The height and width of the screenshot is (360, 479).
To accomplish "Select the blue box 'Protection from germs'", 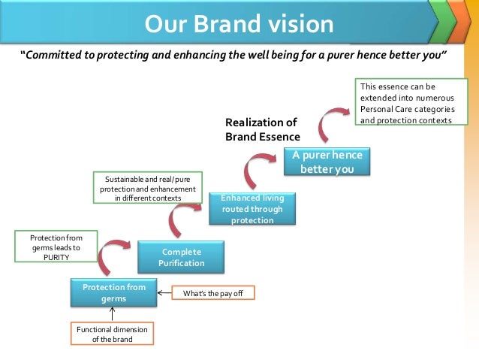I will point(114,293).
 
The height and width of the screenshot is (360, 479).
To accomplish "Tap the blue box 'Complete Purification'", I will point(181,257).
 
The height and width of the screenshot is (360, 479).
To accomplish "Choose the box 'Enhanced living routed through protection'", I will point(252,209).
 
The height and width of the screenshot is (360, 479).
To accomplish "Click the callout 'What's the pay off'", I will point(213,294).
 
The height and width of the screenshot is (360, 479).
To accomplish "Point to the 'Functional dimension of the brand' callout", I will point(112,334).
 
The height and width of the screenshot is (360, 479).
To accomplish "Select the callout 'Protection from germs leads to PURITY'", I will point(50,247).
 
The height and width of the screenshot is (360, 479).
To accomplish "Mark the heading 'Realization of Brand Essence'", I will point(262,129).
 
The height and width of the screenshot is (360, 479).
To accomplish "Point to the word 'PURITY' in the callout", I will point(50,256).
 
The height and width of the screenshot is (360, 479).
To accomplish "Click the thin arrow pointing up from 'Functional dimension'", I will point(112,315).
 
